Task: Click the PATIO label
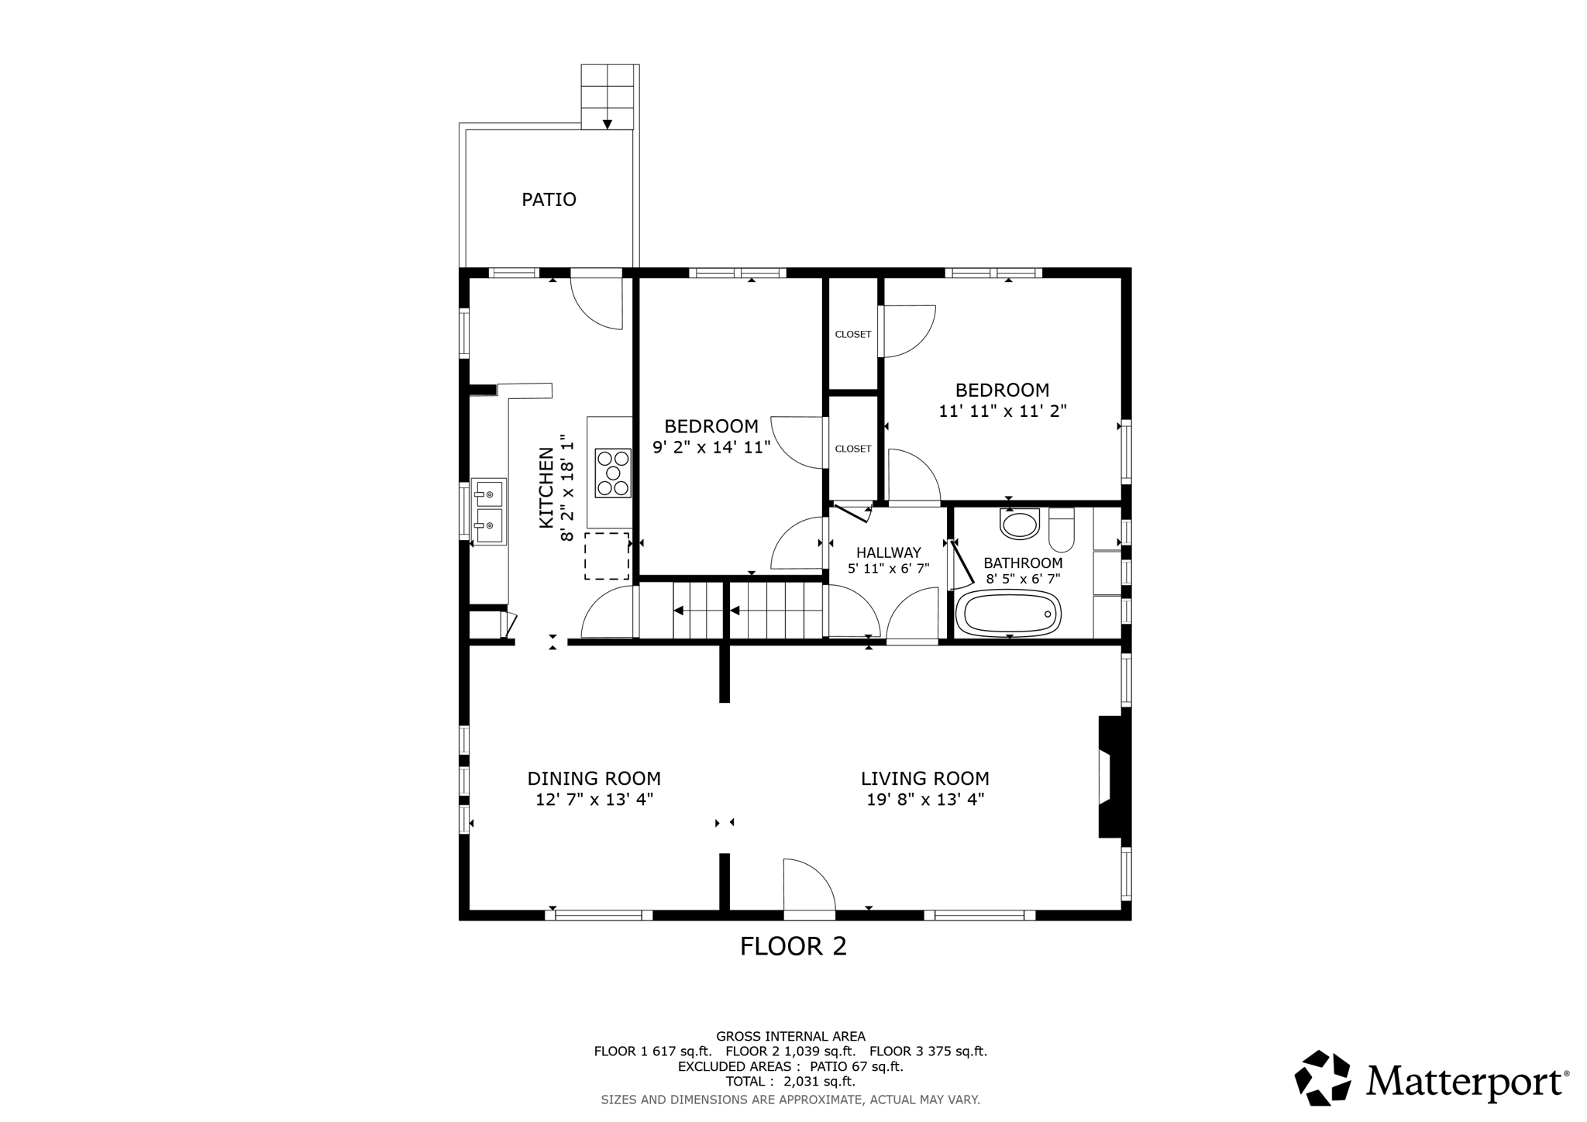(x=549, y=200)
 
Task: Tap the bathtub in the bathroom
(x=1008, y=614)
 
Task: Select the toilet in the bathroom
(x=1061, y=529)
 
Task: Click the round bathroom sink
(x=1020, y=525)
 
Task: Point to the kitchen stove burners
(x=613, y=473)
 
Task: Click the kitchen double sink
(x=489, y=511)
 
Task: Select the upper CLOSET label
(x=852, y=335)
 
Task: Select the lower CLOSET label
(x=852, y=449)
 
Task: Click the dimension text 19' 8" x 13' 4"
(x=924, y=800)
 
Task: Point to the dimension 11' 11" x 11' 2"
(x=1002, y=411)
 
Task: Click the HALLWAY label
(x=888, y=552)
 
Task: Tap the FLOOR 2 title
(x=793, y=946)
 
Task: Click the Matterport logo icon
(x=1323, y=1078)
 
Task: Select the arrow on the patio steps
(x=608, y=123)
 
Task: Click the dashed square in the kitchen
(x=606, y=556)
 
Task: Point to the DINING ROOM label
(x=594, y=779)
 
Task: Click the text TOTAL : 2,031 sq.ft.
(x=790, y=1082)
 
